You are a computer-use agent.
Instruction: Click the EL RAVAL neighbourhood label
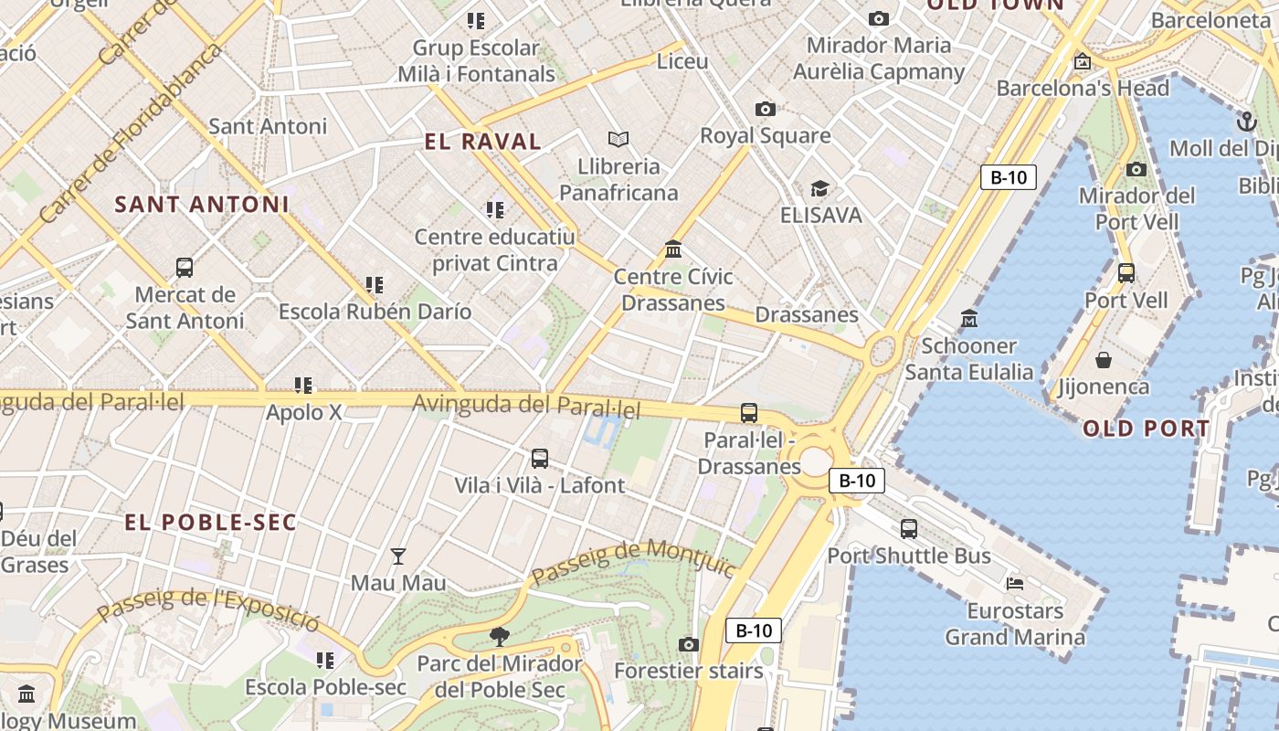point(483,142)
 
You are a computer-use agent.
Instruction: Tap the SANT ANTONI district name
point(202,205)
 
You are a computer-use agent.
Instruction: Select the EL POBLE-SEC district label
point(211,523)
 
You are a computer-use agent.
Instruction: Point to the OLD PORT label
point(1147,429)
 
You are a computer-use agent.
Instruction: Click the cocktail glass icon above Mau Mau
point(398,556)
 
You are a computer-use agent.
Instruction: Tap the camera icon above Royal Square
point(766,110)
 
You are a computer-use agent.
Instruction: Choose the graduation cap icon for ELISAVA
point(819,189)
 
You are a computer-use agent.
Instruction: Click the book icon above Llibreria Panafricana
point(618,139)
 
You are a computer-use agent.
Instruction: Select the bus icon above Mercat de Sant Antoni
point(185,268)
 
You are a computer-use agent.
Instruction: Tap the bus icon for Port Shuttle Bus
point(909,528)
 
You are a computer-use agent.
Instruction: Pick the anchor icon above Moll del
point(1246,122)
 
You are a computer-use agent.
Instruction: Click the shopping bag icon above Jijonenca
point(1104,360)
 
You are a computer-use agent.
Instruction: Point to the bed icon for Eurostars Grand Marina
point(1015,583)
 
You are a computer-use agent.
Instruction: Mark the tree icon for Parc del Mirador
point(499,636)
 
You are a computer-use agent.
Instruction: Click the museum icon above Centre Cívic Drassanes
point(673,249)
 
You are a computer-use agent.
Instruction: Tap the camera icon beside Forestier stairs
point(689,645)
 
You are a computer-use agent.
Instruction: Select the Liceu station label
point(682,62)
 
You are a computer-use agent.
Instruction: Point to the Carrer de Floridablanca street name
point(132,132)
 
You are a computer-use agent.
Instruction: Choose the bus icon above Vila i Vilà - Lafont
point(540,459)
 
